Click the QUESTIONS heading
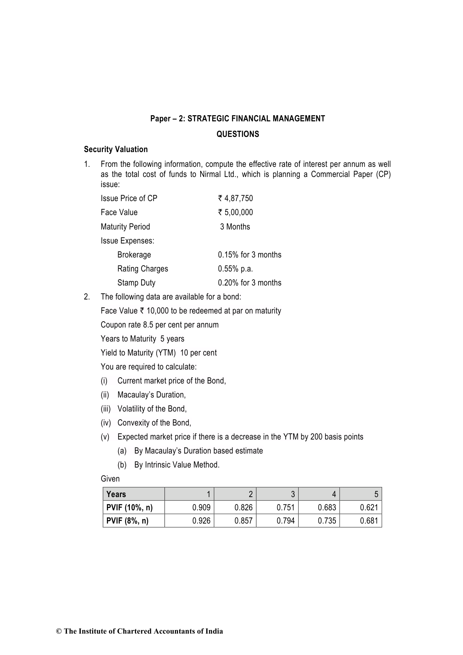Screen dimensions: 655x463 (x=238, y=134)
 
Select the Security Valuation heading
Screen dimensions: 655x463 (x=116, y=149)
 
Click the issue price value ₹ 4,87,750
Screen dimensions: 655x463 (x=236, y=198)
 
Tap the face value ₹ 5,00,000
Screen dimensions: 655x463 (x=236, y=212)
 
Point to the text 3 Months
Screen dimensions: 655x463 (x=235, y=227)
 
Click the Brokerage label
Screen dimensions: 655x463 (x=134, y=255)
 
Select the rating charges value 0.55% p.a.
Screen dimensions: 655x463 (x=235, y=269)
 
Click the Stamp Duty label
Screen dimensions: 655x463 (x=136, y=283)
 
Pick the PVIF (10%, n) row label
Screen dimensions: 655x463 (x=129, y=508)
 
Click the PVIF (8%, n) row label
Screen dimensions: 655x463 (x=128, y=521)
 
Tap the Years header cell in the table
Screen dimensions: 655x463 (x=116, y=494)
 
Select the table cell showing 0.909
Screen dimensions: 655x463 (x=201, y=508)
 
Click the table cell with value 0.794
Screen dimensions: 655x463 (x=286, y=521)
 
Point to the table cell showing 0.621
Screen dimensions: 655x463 (x=369, y=508)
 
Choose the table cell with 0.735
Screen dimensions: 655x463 (x=327, y=521)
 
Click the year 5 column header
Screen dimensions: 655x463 (x=376, y=494)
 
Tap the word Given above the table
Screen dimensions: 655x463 (x=110, y=479)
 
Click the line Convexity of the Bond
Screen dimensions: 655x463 (x=154, y=423)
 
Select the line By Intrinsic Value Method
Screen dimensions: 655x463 (x=177, y=465)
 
